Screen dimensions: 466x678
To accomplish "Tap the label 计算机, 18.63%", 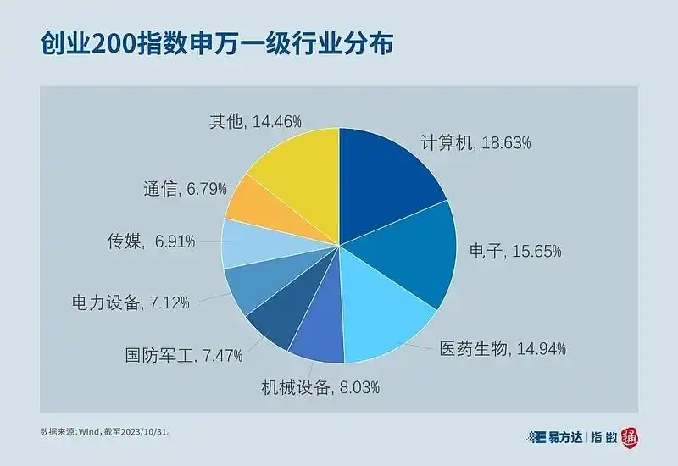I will (475, 143).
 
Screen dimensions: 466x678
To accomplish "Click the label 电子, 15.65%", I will (515, 251).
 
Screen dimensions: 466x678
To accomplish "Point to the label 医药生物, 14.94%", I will (503, 348).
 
